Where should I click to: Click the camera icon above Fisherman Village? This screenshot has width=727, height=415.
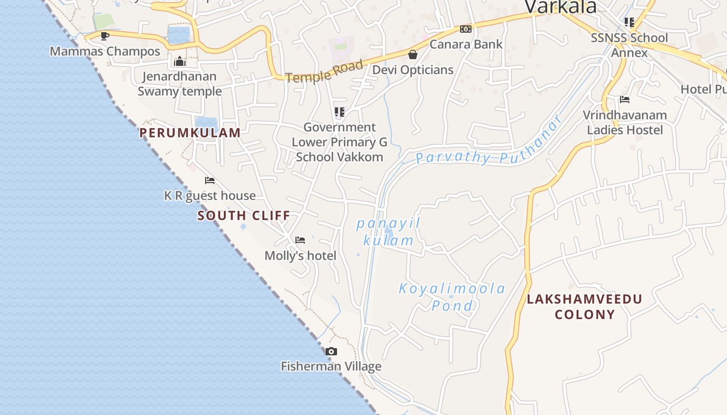331,352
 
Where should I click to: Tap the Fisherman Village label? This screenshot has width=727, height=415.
331,367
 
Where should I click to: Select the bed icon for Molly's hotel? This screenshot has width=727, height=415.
300,240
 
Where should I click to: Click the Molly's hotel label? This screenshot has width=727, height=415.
301,256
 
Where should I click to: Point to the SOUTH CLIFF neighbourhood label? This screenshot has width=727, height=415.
244,216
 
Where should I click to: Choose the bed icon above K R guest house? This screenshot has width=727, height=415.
210,181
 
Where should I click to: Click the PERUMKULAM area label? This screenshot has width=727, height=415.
190,133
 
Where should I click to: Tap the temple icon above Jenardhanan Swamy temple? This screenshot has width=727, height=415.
180,62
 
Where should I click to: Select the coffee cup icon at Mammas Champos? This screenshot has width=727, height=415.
105,36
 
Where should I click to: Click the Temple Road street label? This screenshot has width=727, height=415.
324,72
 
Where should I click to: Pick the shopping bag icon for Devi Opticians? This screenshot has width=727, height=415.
413,54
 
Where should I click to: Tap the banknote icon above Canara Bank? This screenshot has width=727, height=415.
466,29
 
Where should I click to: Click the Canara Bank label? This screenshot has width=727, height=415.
466,45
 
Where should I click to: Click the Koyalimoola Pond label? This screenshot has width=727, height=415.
452,297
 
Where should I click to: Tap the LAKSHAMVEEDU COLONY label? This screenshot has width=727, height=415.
585,307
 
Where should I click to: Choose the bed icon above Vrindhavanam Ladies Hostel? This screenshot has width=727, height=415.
625,100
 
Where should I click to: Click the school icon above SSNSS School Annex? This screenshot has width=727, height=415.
629,22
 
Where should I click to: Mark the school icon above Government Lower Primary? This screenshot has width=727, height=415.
340,112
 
